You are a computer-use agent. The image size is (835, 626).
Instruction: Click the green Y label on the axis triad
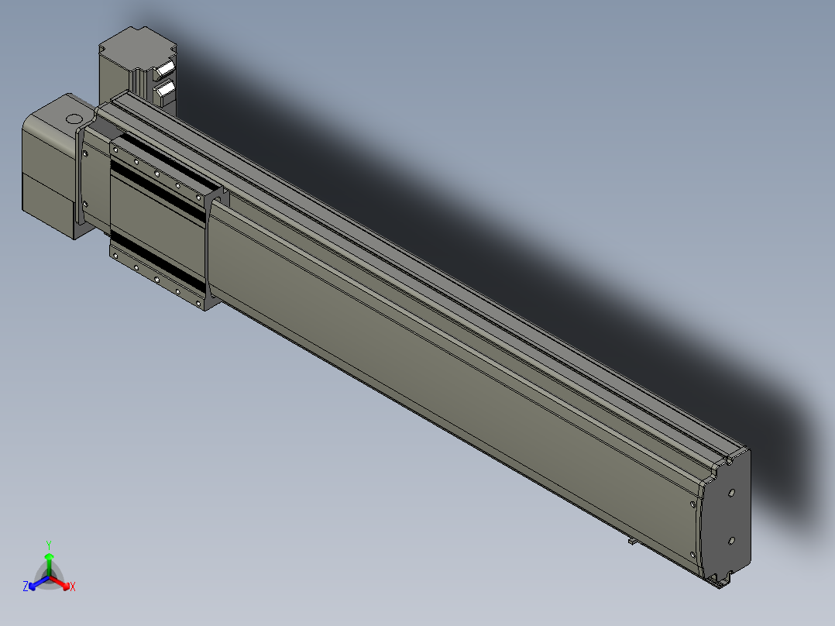click(x=49, y=545)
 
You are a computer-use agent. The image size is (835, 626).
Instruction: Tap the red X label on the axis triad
click(x=73, y=586)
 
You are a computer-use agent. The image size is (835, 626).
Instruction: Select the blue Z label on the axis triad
click(x=26, y=586)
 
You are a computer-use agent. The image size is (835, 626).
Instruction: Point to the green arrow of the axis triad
click(x=49, y=564)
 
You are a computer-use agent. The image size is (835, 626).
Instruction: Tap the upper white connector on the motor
click(x=164, y=69)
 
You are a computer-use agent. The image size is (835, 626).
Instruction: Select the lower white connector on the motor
click(x=164, y=91)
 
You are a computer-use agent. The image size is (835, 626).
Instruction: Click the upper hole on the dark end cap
click(x=732, y=493)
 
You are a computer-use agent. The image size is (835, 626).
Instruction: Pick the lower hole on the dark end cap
click(x=731, y=542)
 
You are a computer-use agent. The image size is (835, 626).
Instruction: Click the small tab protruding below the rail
click(x=632, y=541)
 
